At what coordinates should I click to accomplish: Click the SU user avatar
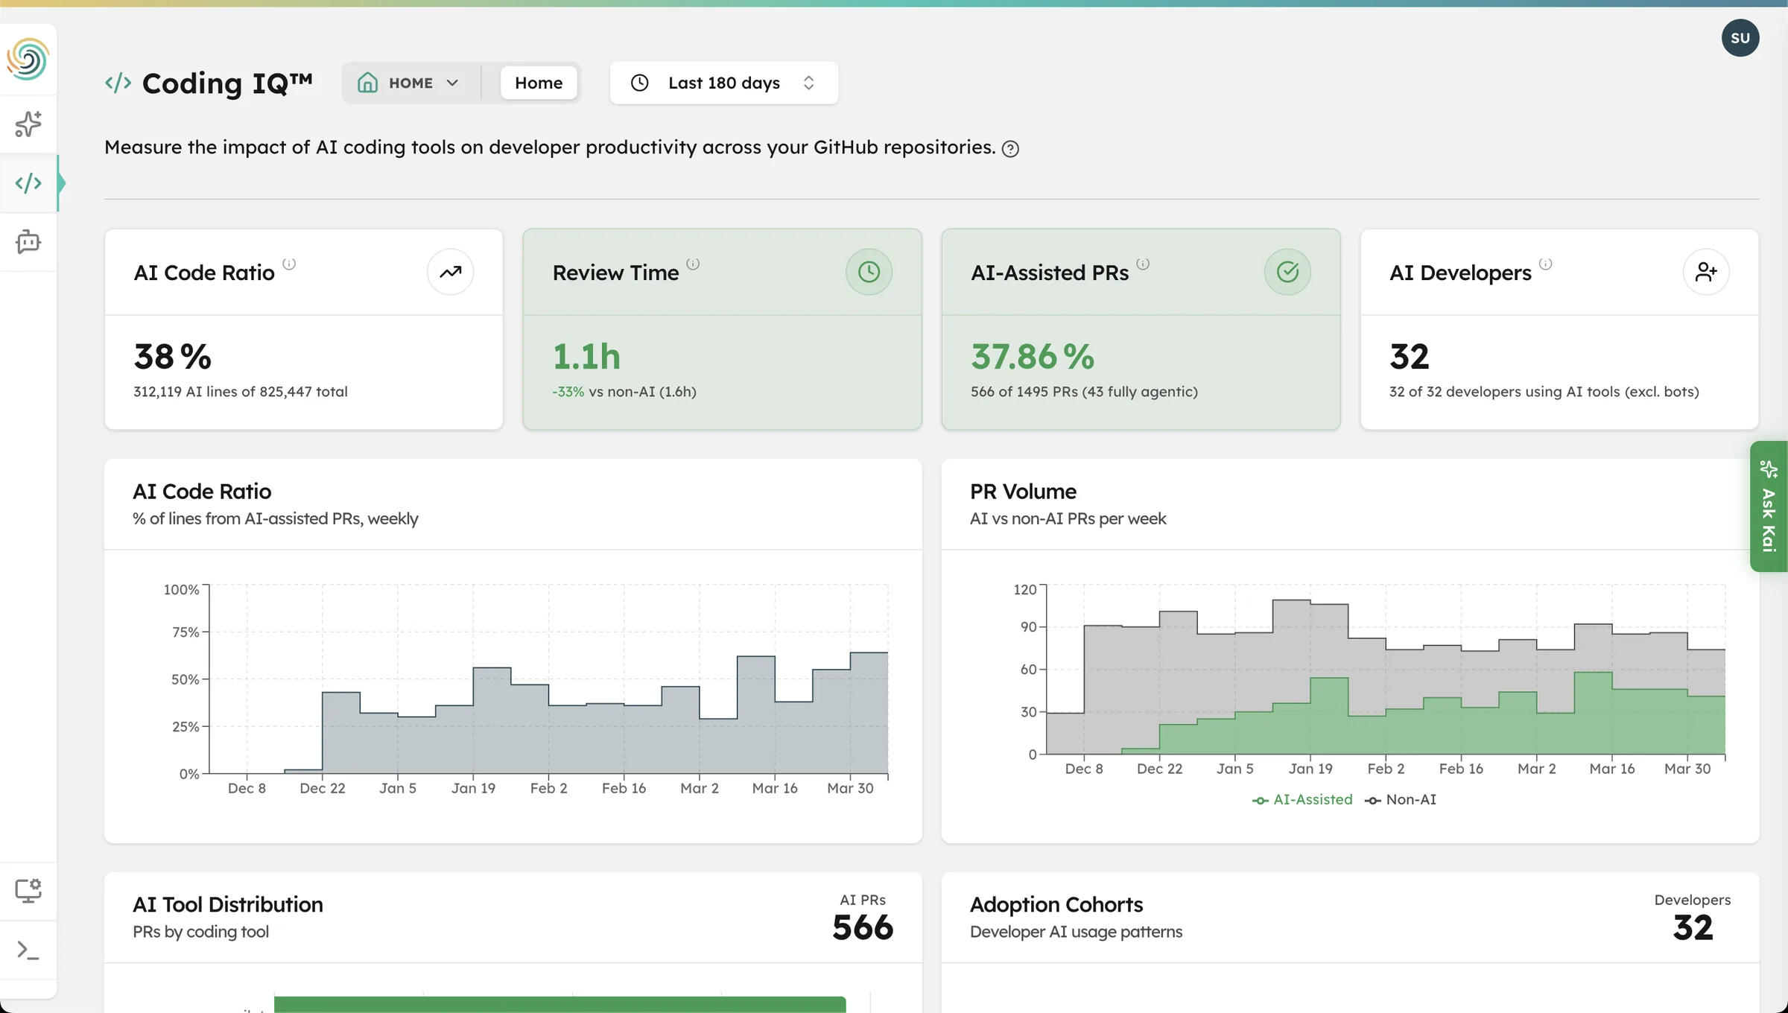(x=1740, y=38)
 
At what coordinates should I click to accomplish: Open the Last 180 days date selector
(x=723, y=83)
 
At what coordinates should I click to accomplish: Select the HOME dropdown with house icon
(x=408, y=83)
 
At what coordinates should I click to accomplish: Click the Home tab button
(x=538, y=83)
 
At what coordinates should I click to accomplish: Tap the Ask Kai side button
(x=1769, y=506)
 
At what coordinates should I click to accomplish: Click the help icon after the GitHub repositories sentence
(x=1010, y=149)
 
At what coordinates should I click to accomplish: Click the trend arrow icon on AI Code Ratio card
(x=450, y=272)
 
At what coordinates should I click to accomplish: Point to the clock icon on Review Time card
(x=869, y=272)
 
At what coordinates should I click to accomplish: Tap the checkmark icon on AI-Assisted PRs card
(x=1287, y=272)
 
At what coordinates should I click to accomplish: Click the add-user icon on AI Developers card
(x=1706, y=272)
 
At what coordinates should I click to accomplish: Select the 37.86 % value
(x=1032, y=357)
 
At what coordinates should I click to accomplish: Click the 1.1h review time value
(x=586, y=357)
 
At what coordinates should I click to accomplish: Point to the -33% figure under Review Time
(x=568, y=392)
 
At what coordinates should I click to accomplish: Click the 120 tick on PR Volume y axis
(x=1024, y=590)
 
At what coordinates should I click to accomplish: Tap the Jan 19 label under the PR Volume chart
(x=1310, y=769)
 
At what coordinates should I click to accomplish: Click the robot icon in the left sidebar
(x=28, y=242)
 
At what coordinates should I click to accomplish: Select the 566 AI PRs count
(x=862, y=927)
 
